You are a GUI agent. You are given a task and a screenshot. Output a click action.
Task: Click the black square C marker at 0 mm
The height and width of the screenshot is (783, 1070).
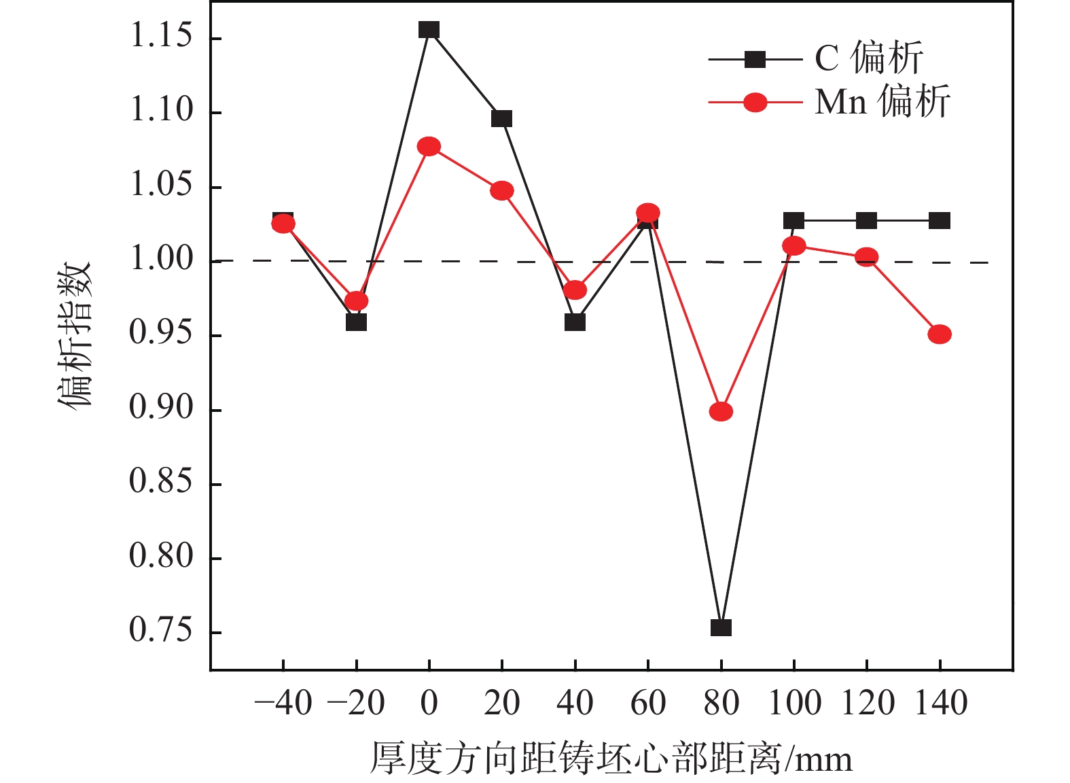coord(429,30)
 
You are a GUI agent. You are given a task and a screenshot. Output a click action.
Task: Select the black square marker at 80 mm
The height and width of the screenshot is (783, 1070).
coord(721,627)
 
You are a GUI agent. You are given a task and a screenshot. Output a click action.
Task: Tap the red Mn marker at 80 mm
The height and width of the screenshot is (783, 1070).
coord(721,411)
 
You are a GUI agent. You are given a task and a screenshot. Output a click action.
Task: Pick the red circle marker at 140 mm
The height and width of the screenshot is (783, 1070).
coord(940,334)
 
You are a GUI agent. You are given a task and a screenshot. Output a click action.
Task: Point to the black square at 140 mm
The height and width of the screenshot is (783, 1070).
coord(940,221)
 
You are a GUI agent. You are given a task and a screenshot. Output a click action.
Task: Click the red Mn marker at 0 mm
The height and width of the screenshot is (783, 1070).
coord(429,147)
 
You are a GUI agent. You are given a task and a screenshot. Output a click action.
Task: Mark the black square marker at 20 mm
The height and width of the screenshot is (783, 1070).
coord(501,119)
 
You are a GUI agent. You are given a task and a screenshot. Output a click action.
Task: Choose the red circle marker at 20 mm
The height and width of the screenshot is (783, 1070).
coord(501,190)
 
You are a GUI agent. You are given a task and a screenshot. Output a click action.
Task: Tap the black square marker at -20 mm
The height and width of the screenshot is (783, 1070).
coord(356,322)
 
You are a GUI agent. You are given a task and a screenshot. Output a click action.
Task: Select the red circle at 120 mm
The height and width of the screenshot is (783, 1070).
coord(866,257)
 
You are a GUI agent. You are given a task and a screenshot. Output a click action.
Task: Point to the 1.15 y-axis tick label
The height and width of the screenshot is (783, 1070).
coord(162,37)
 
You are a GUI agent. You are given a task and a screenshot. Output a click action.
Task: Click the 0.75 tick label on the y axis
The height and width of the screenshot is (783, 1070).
coord(162,631)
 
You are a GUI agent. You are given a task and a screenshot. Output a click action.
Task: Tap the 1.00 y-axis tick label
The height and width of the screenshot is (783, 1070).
coord(162,260)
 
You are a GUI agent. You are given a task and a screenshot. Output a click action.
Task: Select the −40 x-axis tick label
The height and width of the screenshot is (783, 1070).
coord(283,703)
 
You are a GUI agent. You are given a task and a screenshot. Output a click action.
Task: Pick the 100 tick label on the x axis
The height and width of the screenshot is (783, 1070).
coord(793,703)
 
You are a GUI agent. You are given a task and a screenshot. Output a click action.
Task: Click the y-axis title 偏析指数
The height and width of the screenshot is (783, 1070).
coord(74,334)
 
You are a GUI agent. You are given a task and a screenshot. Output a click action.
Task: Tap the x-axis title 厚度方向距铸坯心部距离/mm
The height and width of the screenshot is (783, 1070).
coord(611,759)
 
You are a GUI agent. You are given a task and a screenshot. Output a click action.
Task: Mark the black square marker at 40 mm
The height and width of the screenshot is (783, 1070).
coord(575,322)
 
